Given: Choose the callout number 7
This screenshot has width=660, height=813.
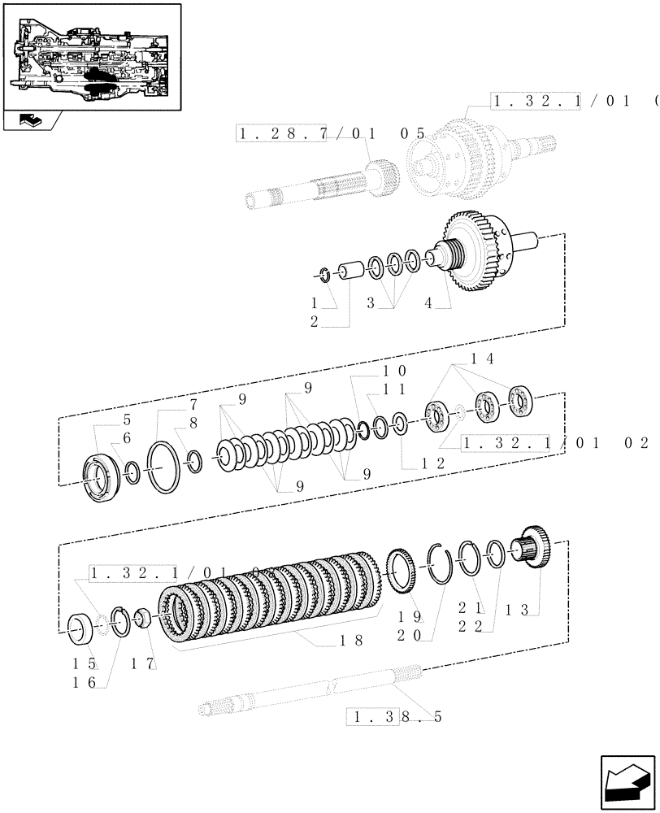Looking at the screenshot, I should point(194,404).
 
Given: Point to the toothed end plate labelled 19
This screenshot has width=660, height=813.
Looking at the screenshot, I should point(399,570).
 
